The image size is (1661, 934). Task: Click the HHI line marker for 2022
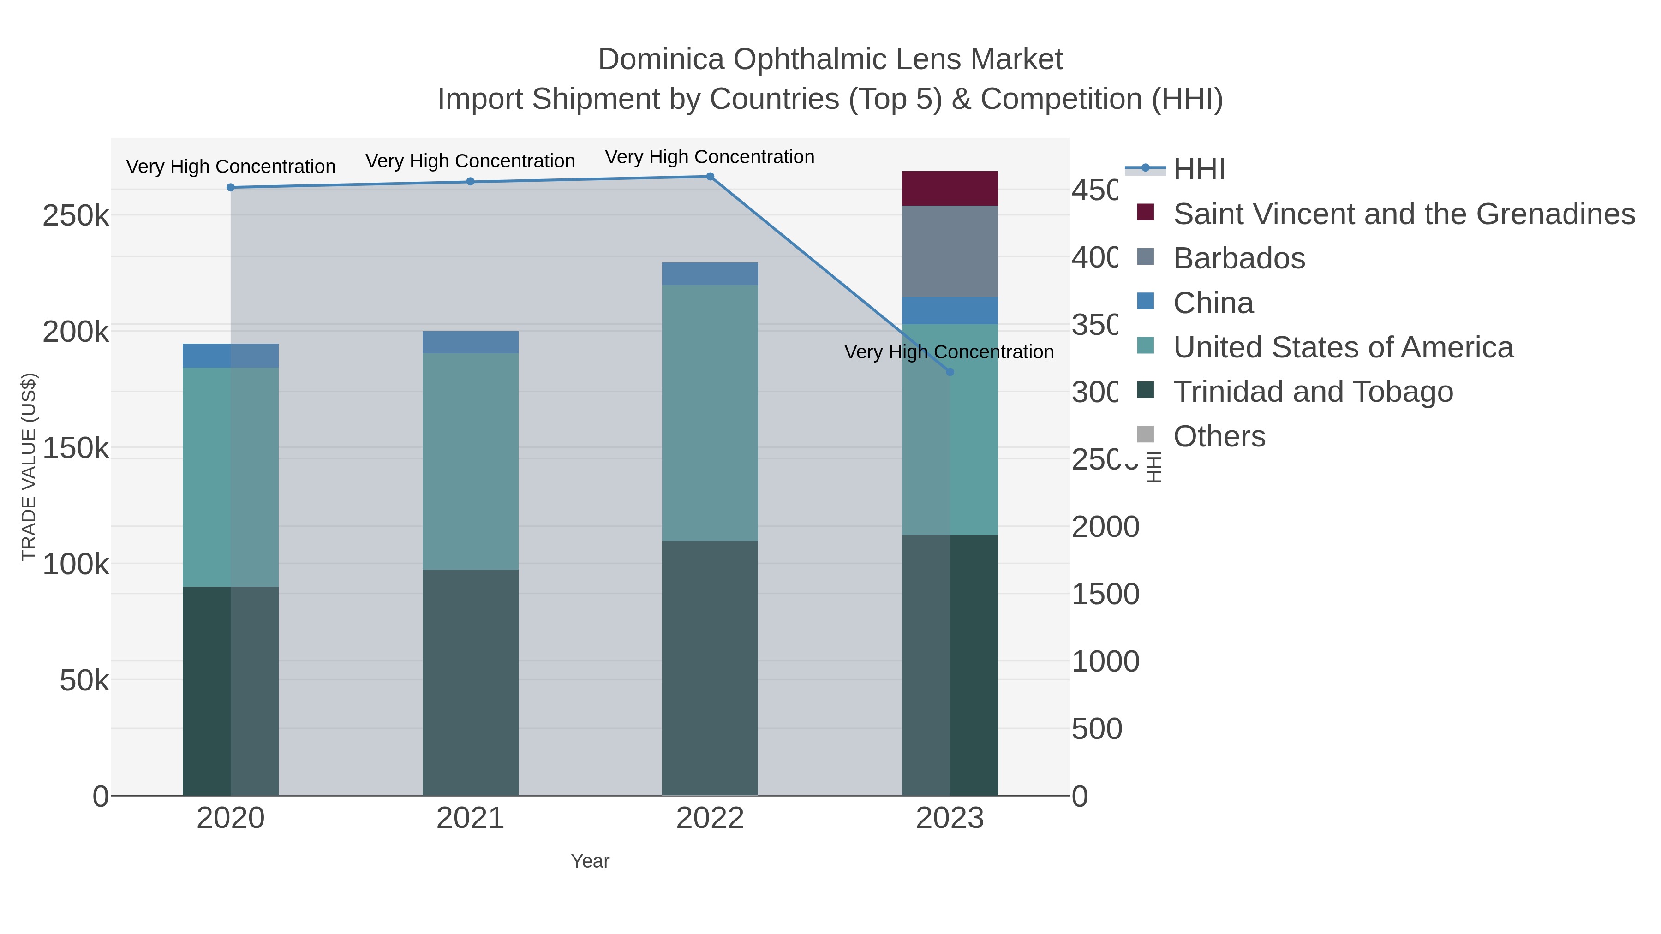[710, 177]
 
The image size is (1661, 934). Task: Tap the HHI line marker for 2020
[231, 188]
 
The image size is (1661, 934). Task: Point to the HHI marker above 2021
[470, 182]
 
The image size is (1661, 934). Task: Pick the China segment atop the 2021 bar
[470, 342]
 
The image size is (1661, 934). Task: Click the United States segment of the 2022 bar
[710, 412]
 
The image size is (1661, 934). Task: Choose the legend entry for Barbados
[1239, 258]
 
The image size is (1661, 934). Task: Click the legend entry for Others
[1219, 436]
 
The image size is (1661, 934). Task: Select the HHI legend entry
[1199, 170]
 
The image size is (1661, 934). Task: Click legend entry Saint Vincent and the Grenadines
[1403, 214]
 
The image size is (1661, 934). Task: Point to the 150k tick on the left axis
[76, 448]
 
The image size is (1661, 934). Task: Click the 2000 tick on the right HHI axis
[1105, 527]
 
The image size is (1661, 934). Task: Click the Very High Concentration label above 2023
[949, 352]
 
